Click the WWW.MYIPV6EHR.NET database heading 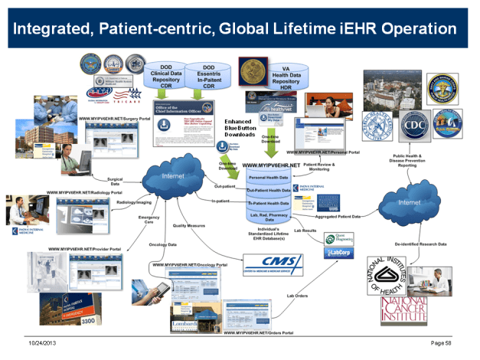(x=273, y=165)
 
